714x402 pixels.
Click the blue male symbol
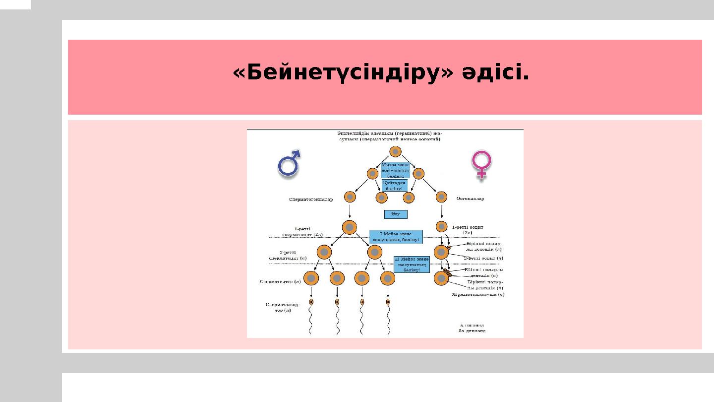tap(289, 163)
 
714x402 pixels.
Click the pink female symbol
tap(481, 165)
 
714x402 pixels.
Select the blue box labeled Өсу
tap(396, 214)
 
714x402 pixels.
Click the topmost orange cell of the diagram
tap(395, 152)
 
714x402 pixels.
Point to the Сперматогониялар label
tap(311, 199)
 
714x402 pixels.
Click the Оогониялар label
tap(470, 199)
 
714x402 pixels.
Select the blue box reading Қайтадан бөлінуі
tap(395, 185)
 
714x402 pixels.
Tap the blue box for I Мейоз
tap(396, 237)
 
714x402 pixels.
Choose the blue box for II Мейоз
tap(412, 264)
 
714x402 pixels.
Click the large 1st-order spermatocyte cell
tap(350, 228)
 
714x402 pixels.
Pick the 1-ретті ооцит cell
tap(441, 227)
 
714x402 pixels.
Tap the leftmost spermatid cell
tap(311, 278)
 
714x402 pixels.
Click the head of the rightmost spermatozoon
tap(388, 301)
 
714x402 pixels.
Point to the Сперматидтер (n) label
tap(281, 282)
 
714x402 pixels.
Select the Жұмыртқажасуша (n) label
tap(477, 294)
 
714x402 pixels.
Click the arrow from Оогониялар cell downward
tap(441, 211)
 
